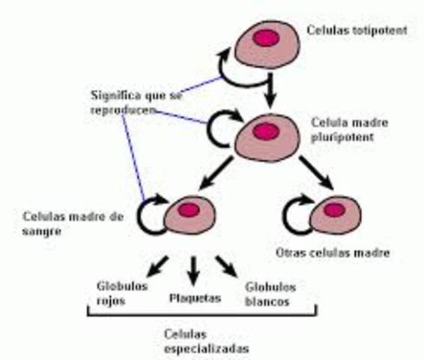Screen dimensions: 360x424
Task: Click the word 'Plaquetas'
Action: coord(194,298)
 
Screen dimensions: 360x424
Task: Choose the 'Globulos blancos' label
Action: coord(267,293)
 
